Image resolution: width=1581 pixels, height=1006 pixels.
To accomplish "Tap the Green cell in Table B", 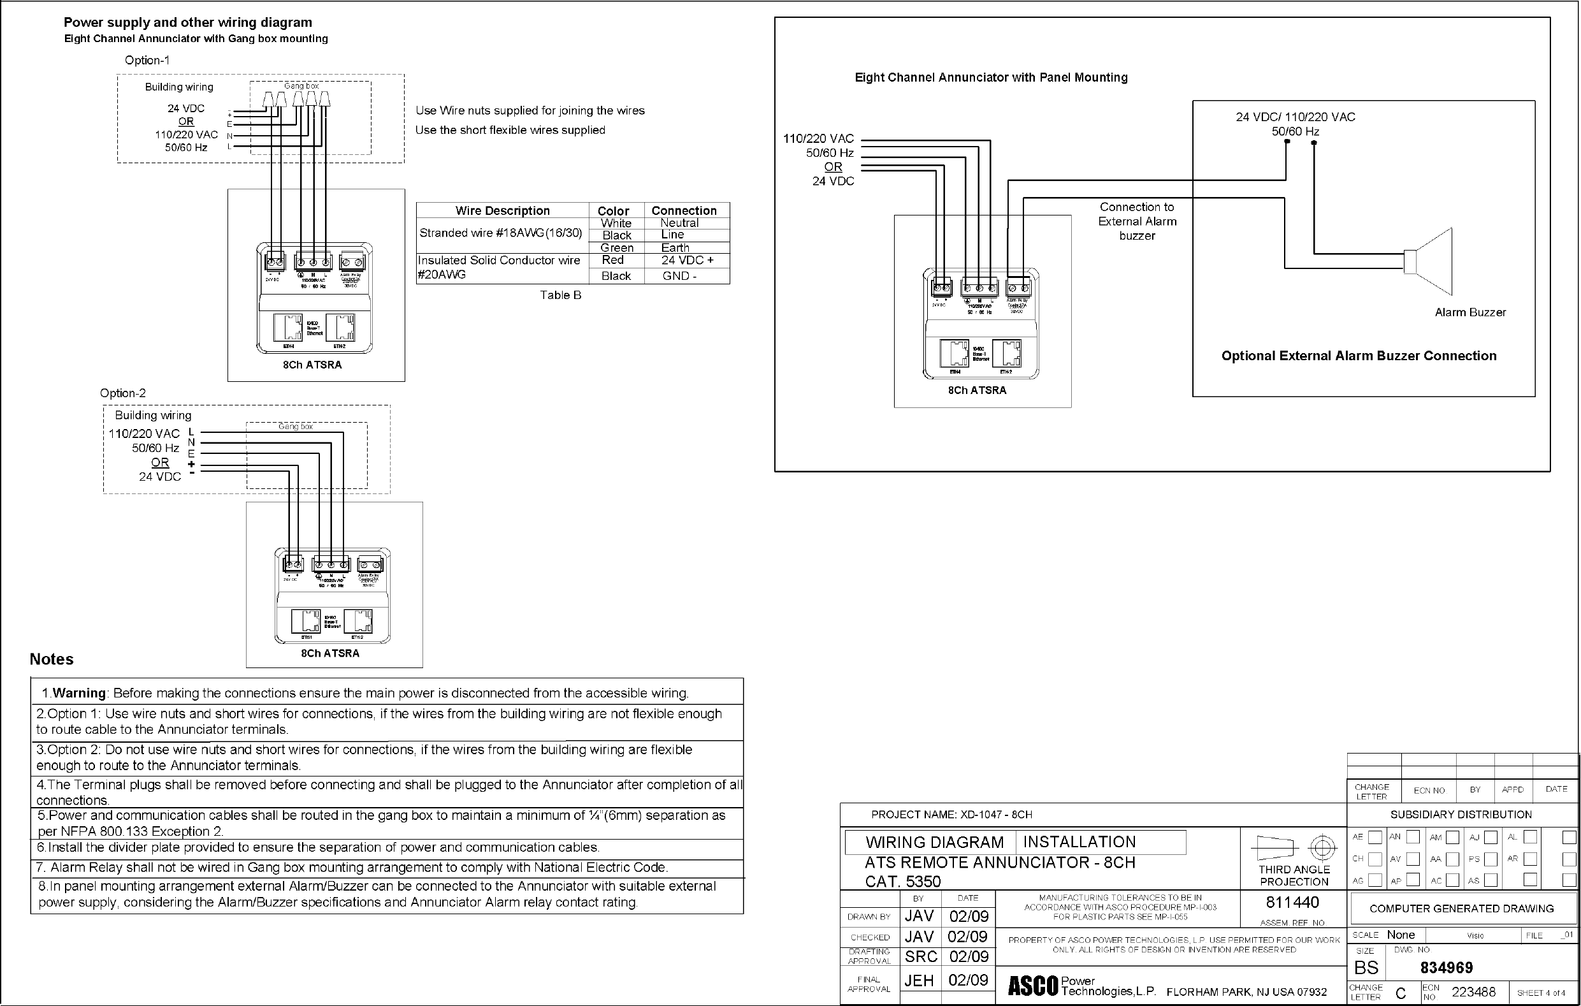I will click(616, 247).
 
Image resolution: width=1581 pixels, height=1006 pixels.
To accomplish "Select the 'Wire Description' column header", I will click(502, 211).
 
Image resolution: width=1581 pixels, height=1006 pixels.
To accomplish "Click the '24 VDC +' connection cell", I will click(687, 260).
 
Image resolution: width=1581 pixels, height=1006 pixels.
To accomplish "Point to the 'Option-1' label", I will click(147, 61).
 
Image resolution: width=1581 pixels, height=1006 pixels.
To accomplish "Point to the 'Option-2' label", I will click(123, 393).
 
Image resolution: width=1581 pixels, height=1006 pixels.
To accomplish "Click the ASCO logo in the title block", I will click(1033, 986).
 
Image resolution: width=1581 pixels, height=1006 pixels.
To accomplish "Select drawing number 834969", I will click(1447, 968).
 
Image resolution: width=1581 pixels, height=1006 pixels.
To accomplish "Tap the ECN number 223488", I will click(1473, 991).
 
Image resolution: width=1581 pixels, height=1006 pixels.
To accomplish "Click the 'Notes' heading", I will click(51, 659).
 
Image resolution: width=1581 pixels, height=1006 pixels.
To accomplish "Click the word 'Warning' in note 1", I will click(79, 694).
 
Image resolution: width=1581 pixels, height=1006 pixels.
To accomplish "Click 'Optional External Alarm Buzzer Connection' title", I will click(1359, 356).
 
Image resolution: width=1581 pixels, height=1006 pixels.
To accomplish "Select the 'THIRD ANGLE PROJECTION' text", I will click(1294, 875).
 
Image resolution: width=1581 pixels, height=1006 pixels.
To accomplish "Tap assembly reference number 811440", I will click(1292, 902).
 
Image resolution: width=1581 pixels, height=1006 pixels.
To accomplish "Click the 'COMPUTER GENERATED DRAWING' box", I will click(1461, 909).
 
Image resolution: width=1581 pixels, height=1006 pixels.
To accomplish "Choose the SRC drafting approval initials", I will click(921, 957).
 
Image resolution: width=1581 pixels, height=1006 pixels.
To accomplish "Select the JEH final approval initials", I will click(919, 980).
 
